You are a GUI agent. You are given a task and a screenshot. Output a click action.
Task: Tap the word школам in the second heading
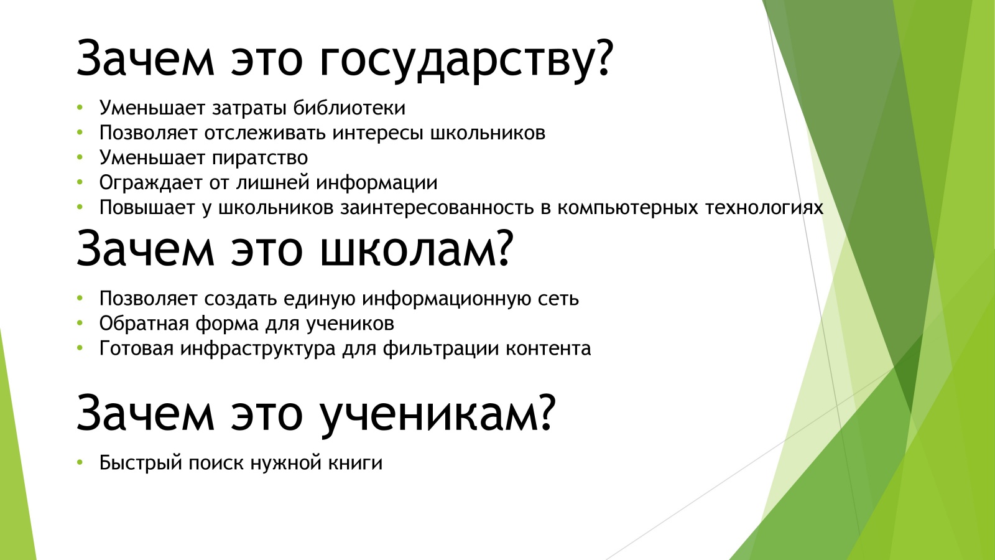[x=417, y=249]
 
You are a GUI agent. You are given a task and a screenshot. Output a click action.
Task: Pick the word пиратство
[x=260, y=158]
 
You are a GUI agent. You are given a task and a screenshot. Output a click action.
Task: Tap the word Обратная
[x=144, y=324]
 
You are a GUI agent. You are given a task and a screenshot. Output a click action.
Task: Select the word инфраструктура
[x=258, y=348]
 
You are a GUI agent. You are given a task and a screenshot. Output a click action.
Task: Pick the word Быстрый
[x=141, y=463]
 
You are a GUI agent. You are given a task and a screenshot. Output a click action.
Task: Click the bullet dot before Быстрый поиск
[x=80, y=462]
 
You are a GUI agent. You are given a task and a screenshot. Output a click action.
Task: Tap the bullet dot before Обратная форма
[x=80, y=323]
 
